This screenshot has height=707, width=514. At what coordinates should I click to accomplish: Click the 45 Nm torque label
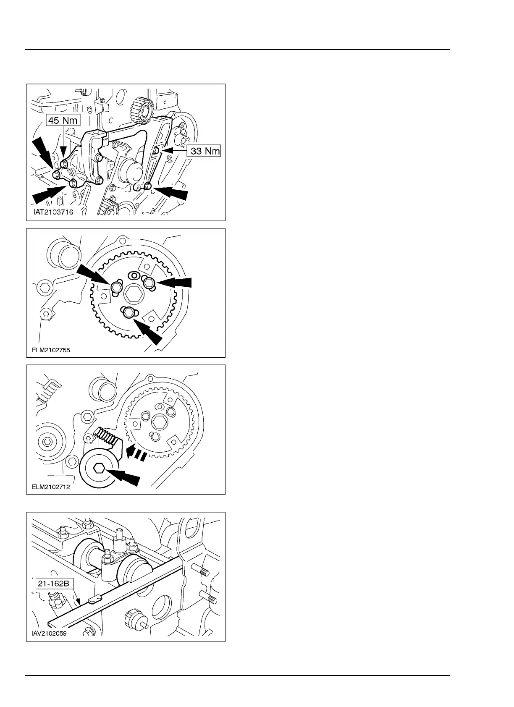(x=63, y=120)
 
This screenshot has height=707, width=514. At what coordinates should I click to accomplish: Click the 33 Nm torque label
(x=205, y=151)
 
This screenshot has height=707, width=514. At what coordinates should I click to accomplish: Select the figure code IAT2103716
(x=53, y=212)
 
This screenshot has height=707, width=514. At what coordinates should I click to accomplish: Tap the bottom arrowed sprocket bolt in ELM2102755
(x=129, y=312)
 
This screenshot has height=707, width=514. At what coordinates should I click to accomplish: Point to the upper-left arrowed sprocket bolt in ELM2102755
(x=116, y=287)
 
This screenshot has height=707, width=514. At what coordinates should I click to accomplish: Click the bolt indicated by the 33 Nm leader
(x=156, y=149)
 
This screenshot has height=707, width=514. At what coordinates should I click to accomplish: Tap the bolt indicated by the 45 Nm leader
(x=64, y=163)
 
